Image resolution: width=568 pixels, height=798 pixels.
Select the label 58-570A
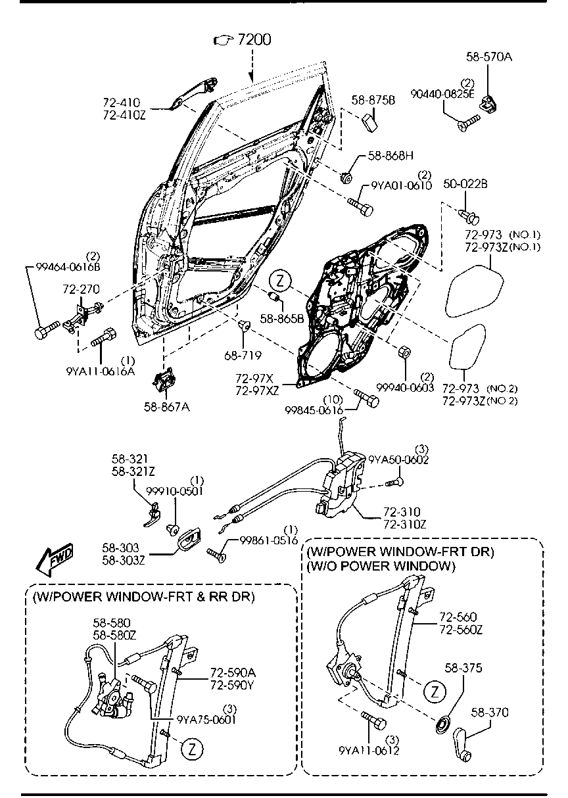(489, 57)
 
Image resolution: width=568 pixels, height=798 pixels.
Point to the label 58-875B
(373, 100)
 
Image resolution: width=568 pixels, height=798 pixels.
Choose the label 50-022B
(465, 184)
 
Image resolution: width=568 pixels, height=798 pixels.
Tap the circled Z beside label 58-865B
(279, 281)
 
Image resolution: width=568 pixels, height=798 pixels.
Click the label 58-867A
(167, 407)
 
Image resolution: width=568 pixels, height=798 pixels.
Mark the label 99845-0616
(314, 410)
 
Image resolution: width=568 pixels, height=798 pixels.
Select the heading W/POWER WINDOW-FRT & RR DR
(143, 596)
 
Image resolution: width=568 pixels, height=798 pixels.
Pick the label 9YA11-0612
(369, 750)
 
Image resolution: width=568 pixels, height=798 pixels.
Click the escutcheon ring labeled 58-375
(443, 725)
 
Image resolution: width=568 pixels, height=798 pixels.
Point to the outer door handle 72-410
(193, 93)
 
